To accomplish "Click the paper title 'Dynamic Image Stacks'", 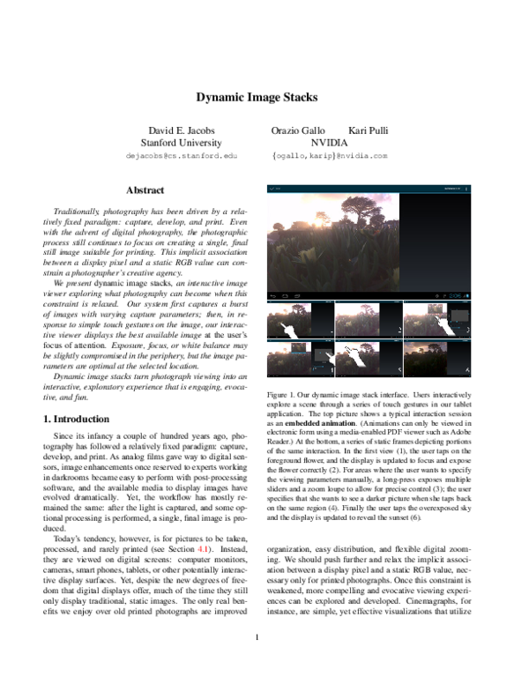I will click(x=256, y=98).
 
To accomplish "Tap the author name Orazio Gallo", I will click(x=304, y=130).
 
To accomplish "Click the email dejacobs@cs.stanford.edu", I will click(x=183, y=155).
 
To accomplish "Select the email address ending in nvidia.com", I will click(x=330, y=155).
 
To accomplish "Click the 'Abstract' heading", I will click(x=145, y=190).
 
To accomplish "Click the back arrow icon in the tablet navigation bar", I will click(x=273, y=296).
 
